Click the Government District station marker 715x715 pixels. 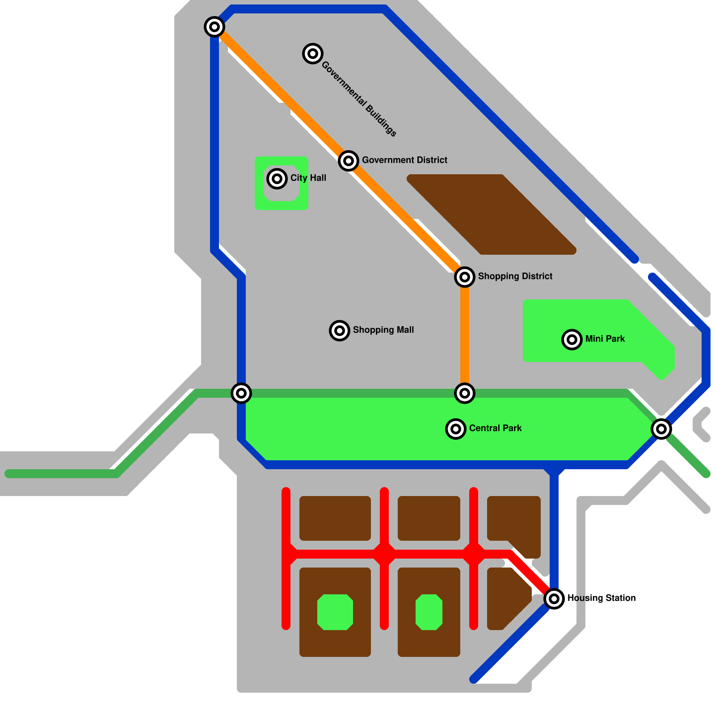349,161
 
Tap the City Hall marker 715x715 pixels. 277,179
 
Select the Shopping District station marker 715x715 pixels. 465,277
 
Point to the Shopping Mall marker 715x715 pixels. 340,331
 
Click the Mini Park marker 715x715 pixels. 572,340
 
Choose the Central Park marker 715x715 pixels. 456,429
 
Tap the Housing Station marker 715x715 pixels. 554,598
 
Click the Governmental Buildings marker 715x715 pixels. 313,54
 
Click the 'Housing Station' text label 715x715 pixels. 601,598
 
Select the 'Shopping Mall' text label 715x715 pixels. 383,330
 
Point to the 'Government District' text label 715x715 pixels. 404,160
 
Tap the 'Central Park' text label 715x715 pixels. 495,428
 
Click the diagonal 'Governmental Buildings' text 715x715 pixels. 359,99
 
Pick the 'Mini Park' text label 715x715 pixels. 605,339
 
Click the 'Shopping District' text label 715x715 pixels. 515,276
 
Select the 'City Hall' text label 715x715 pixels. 308,178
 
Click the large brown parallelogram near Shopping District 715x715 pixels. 492,214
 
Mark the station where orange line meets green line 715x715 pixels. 465,393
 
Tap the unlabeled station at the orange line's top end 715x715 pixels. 214,27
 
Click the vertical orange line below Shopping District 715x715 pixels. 465,335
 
